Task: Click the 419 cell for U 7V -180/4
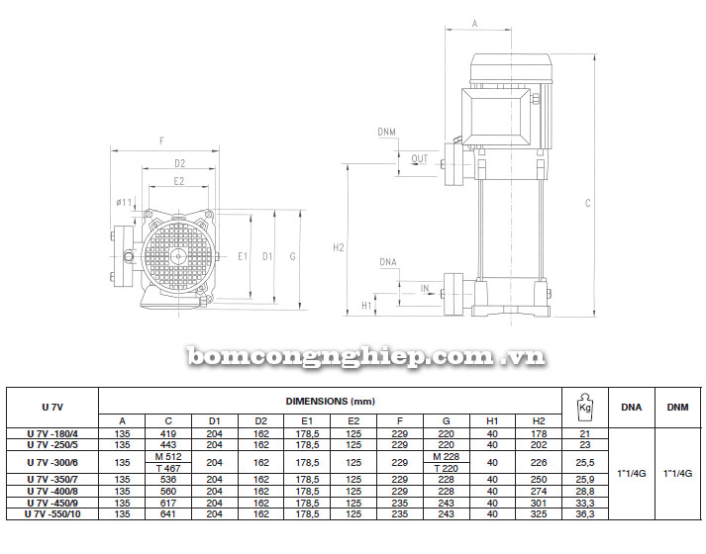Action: [168, 434]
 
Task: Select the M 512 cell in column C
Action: [168, 457]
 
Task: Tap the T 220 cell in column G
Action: [446, 468]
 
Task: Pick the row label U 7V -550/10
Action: [52, 514]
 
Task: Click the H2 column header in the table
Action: [539, 420]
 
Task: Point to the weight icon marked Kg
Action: [585, 407]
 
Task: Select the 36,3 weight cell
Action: [585, 514]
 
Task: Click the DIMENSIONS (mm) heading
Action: [330, 401]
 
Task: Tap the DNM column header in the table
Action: [677, 407]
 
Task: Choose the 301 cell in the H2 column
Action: [539, 503]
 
